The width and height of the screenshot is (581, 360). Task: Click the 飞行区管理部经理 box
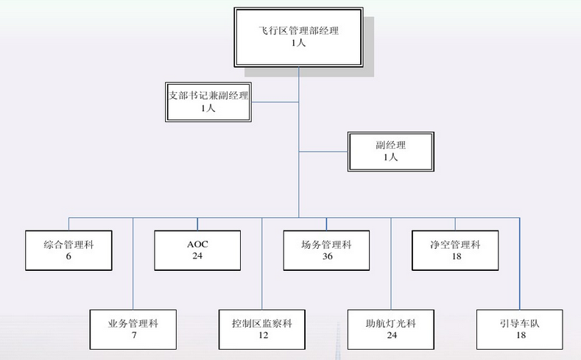(298, 37)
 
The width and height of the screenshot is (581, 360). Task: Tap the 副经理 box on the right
(390, 150)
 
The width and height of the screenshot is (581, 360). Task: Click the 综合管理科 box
(68, 250)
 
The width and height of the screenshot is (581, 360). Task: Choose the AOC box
(197, 250)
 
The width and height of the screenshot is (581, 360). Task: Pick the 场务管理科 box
(326, 250)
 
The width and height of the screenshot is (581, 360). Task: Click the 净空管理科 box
(455, 250)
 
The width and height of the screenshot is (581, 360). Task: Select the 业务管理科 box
(133, 329)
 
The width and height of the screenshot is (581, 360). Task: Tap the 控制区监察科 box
(261, 329)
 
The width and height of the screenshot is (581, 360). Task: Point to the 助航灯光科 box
(391, 329)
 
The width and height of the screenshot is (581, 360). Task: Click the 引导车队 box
(520, 329)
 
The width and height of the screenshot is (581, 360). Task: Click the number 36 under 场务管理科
(327, 256)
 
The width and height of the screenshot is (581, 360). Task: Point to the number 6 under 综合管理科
(68, 256)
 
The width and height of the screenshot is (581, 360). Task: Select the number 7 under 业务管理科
(133, 336)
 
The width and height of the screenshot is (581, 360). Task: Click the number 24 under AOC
(197, 256)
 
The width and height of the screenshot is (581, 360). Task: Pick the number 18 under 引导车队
(520, 336)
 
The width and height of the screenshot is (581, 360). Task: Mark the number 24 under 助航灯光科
(391, 336)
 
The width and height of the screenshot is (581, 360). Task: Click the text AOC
(197, 244)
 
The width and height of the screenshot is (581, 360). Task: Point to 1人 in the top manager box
(298, 43)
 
